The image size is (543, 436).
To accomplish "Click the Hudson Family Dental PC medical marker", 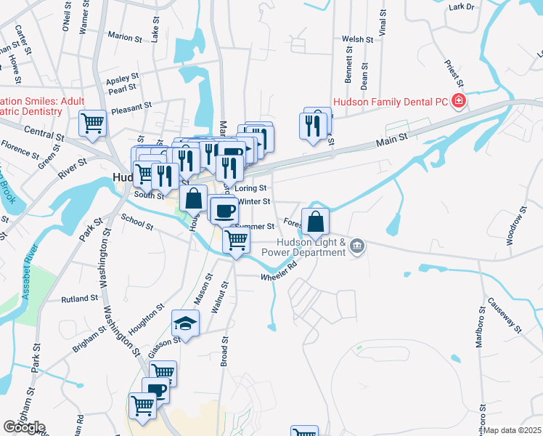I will pos(458,100).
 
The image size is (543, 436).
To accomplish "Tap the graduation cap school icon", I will pos(185,323).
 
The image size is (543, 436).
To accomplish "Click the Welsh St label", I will pos(357,40).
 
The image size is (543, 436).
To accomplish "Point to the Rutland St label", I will pos(79,299).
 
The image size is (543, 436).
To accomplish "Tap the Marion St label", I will pos(124,36).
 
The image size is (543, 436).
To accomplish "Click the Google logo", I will pos(23,427).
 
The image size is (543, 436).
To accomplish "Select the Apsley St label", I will pos(122,78).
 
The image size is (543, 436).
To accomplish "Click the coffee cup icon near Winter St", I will pos(225,210).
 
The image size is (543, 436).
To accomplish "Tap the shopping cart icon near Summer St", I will pos(237,239).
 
